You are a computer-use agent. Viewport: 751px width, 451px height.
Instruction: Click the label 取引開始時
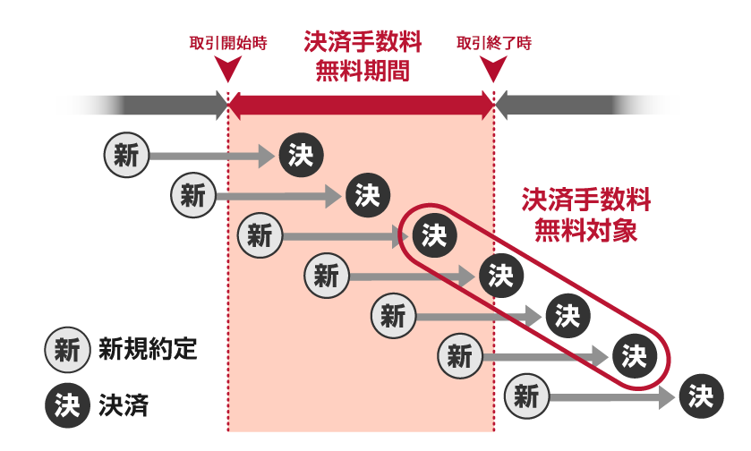(228, 43)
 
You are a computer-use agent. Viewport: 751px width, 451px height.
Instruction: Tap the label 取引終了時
(494, 43)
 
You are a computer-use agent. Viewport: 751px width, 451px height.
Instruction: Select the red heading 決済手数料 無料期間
(363, 57)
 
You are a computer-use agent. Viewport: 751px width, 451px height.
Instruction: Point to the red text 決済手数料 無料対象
(586, 216)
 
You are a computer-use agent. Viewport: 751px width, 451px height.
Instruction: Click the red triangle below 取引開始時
(228, 70)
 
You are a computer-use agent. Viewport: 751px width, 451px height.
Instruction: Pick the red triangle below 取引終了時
(494, 70)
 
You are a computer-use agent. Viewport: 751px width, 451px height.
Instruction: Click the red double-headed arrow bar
(362, 106)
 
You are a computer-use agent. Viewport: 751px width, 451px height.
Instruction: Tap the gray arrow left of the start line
(161, 106)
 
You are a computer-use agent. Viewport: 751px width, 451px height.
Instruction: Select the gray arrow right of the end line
(573, 106)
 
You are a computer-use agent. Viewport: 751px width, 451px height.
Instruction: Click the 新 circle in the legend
(66, 349)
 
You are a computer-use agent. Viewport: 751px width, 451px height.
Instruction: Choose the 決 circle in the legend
(66, 407)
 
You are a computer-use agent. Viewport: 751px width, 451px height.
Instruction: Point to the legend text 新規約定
(148, 349)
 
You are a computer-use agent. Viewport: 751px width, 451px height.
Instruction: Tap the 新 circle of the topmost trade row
(126, 155)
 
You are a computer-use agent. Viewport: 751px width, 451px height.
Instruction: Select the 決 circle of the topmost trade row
(300, 155)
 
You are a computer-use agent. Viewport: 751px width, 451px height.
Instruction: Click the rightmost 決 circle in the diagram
(700, 396)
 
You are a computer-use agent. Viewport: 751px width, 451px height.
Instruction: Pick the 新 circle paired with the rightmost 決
(525, 396)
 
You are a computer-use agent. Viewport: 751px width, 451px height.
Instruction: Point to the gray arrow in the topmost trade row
(210, 156)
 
